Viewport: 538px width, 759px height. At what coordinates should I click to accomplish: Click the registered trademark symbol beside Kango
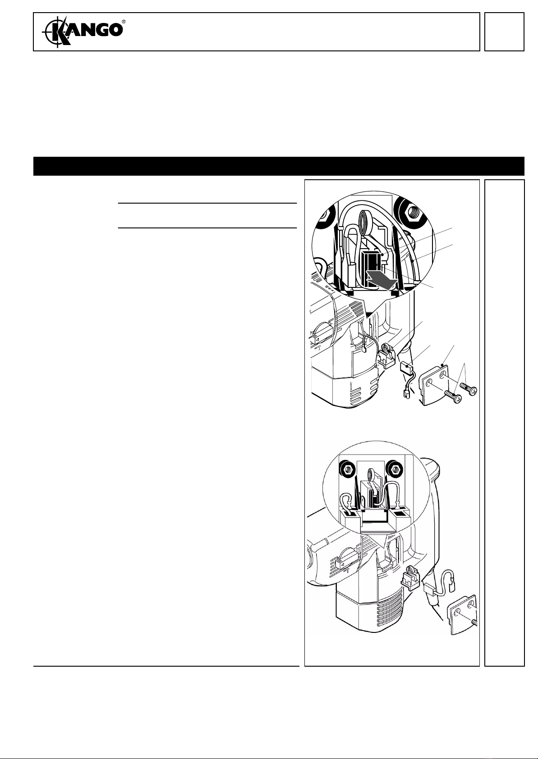point(124,21)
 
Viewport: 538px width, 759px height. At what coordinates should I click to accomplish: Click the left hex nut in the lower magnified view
point(347,470)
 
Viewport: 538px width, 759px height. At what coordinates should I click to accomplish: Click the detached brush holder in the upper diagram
point(387,355)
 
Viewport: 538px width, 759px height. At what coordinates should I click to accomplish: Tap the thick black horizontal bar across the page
point(279,166)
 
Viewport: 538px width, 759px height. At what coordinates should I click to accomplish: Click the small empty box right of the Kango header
point(505,32)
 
